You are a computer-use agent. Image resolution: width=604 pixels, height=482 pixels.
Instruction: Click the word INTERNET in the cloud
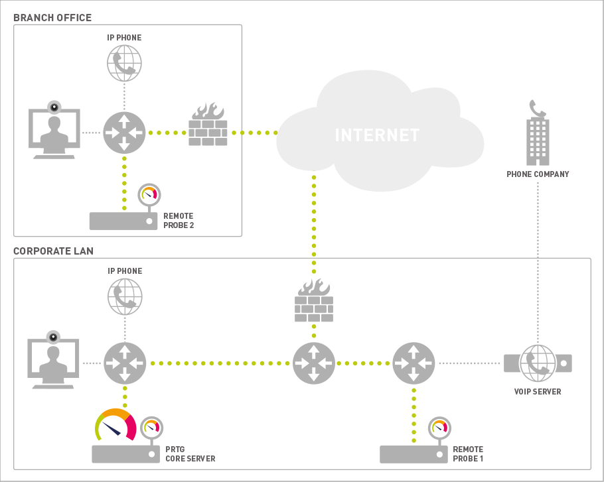(x=377, y=135)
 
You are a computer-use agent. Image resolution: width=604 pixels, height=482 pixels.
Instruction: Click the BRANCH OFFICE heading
(x=52, y=17)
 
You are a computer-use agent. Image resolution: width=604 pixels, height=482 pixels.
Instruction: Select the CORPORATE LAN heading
(x=54, y=251)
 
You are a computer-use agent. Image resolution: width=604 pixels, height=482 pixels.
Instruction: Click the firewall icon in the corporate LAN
(x=313, y=301)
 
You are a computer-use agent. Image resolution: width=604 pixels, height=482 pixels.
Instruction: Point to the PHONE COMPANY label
(x=538, y=174)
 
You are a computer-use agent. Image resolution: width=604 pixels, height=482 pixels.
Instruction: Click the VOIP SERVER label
(x=538, y=392)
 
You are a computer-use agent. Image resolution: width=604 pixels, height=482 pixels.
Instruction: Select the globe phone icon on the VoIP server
(x=538, y=363)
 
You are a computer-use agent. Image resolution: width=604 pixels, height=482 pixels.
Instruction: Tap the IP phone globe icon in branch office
(x=125, y=63)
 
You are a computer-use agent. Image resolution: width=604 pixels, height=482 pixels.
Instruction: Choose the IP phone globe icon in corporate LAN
(x=125, y=296)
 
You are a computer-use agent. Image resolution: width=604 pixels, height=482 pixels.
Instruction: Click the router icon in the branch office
(x=124, y=133)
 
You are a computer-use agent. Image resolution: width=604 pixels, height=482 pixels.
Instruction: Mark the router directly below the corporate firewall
(x=314, y=363)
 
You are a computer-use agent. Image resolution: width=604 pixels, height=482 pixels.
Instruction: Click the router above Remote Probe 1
(x=414, y=363)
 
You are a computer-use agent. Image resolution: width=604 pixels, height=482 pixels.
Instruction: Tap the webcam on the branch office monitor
(x=54, y=107)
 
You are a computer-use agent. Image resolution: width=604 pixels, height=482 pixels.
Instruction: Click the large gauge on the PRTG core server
(x=115, y=425)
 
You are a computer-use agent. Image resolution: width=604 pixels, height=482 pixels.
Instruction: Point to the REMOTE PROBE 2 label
(x=179, y=221)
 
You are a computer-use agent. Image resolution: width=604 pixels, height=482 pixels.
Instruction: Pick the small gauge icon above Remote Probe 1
(x=438, y=428)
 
